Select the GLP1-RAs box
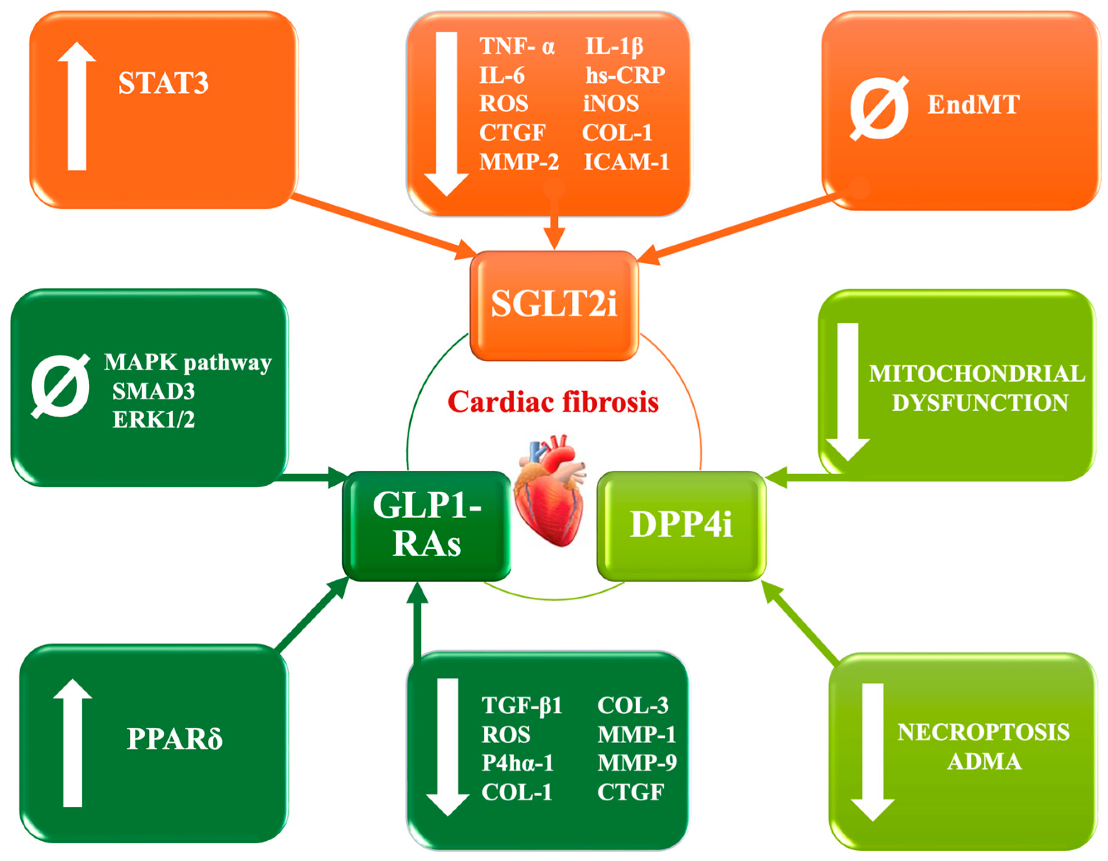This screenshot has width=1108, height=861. coord(427,525)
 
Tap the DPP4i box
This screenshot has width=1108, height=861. coord(681,525)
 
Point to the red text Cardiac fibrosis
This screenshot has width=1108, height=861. coord(553,402)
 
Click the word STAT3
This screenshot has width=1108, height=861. coord(163,84)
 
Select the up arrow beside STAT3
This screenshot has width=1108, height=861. coord(77,107)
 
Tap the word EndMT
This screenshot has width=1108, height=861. coord(973,105)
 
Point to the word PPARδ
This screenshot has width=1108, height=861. coord(175,739)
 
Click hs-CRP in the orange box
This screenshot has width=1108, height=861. coord(624,75)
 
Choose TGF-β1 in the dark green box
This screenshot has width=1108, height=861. coord(522,705)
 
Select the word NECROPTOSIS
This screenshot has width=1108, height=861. coord(983,732)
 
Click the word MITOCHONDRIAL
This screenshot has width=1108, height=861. coord(977,375)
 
